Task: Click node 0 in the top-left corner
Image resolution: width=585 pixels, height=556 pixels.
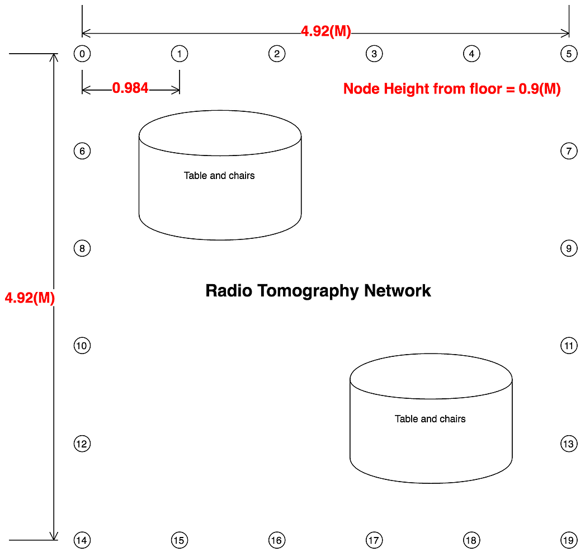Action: point(82,54)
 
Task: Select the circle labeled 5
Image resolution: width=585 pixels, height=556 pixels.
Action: point(569,54)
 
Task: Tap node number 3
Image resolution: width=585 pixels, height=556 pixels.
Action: point(374,54)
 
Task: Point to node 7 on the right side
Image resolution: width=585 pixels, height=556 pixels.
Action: point(569,151)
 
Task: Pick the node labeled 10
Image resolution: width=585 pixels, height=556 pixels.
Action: point(82,346)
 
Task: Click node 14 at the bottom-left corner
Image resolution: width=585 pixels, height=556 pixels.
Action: point(82,540)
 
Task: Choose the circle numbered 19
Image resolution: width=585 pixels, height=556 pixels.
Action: point(569,540)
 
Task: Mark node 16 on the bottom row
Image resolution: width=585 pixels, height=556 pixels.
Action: point(277,540)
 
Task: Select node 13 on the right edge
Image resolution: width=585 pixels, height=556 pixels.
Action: point(569,444)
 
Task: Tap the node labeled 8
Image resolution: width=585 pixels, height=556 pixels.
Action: point(82,248)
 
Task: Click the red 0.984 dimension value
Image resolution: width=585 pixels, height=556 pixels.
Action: point(130,88)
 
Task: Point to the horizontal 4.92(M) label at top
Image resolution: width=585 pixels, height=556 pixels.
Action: point(326,31)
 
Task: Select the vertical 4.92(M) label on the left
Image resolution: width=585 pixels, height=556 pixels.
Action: point(30,298)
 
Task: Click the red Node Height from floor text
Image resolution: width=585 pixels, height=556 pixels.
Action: point(452,88)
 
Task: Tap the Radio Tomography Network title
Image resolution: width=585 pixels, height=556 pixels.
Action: point(318,291)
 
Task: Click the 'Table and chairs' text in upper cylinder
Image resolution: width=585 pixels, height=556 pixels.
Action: point(219,176)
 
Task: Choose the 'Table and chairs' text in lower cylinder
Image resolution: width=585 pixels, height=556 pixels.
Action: point(430,419)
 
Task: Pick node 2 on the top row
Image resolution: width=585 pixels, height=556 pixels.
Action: point(277,54)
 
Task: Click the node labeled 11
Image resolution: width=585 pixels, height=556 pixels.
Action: point(569,346)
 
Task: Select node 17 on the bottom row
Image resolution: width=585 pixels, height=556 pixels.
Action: point(374,540)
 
